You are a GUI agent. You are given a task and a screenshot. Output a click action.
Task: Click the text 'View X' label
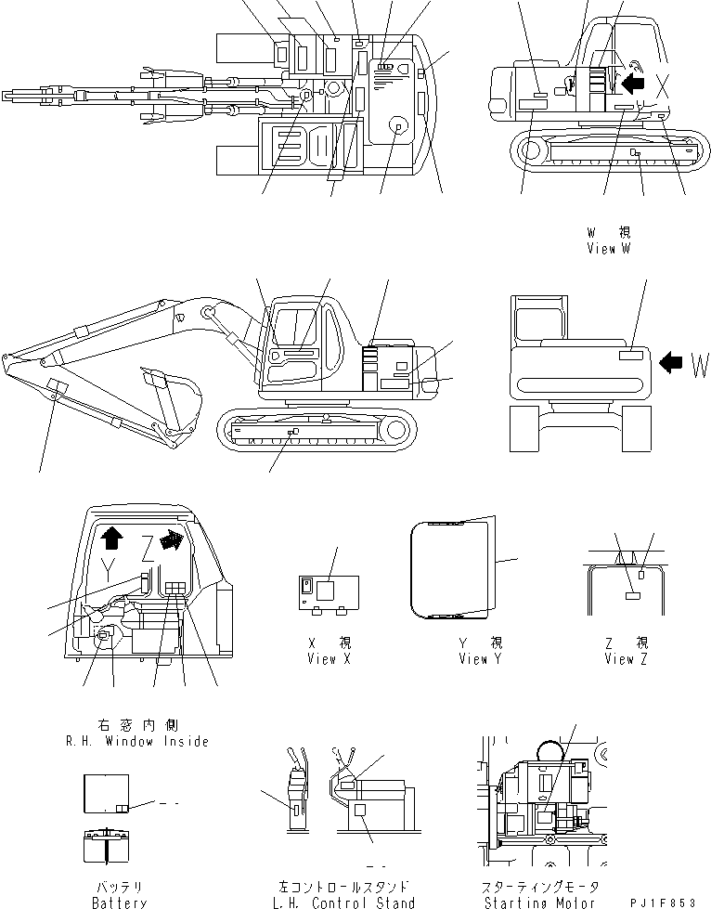coord(329,658)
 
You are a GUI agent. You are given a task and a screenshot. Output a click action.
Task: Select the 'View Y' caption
coord(480,658)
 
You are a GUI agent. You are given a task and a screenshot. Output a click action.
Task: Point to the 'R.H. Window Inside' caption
coord(137,741)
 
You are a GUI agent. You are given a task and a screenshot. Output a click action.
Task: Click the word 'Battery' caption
coord(119,902)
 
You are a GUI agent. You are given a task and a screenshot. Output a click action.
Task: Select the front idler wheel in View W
coord(531,149)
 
